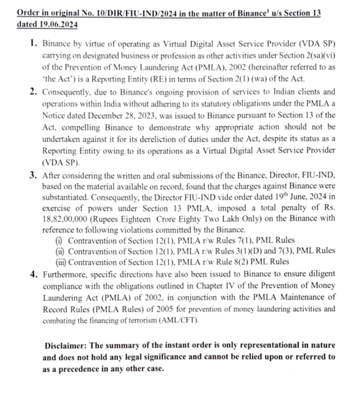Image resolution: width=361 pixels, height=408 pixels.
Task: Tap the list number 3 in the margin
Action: tap(33, 173)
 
